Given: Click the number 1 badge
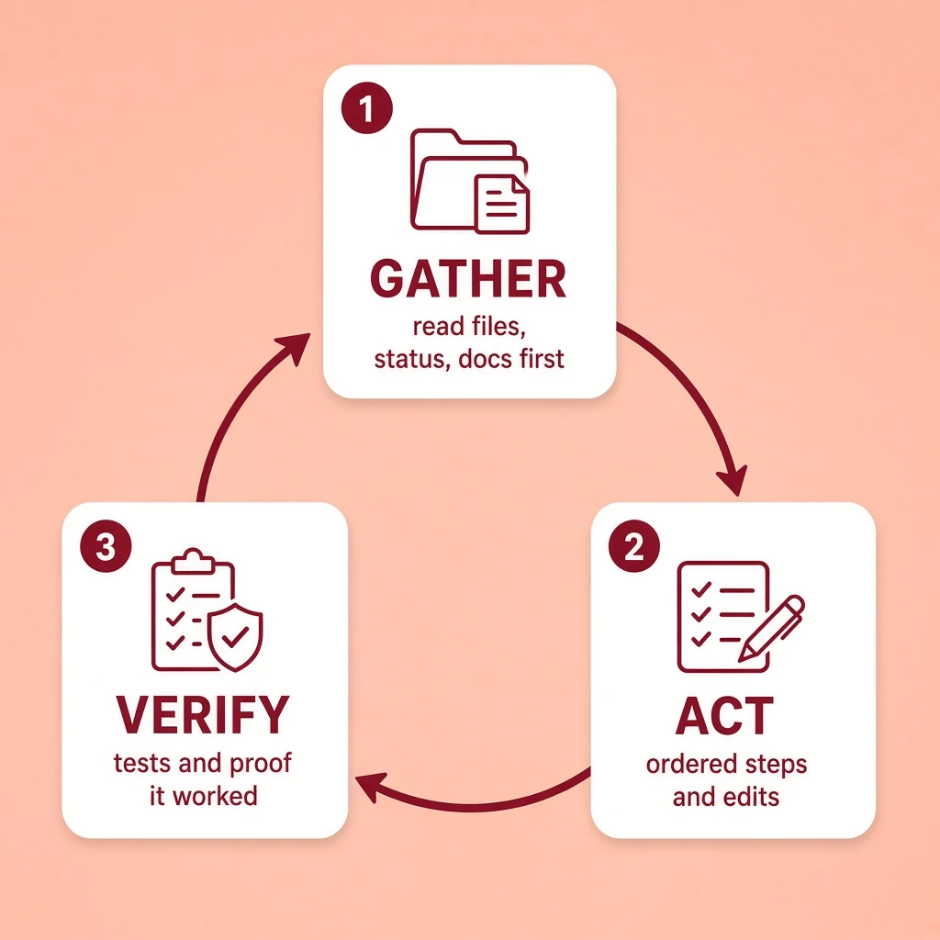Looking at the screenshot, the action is [x=367, y=108].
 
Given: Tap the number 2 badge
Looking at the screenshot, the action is [x=634, y=545].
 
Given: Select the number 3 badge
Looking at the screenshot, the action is [x=106, y=545].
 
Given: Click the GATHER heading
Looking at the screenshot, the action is [x=468, y=279].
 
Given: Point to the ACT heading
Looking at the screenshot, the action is [x=725, y=716].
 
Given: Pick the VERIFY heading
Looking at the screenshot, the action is [x=203, y=715].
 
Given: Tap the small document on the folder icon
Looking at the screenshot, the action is [x=502, y=204].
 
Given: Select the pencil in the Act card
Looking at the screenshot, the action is [x=771, y=628].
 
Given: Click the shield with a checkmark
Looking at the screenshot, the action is [x=235, y=638].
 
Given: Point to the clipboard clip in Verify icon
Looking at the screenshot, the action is [x=193, y=561].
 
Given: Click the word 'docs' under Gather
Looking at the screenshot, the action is [x=485, y=359].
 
